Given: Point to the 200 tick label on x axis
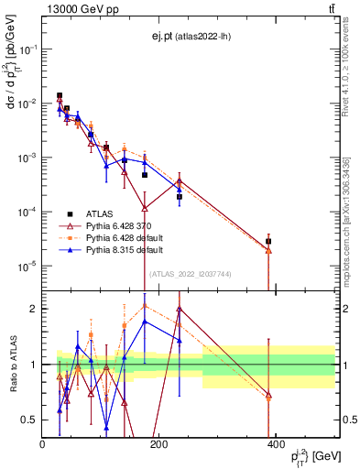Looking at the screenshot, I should (x=158, y=444).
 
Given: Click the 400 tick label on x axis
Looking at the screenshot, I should (x=275, y=444).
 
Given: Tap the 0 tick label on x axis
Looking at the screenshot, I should (x=43, y=444).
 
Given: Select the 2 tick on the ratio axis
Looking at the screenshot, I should (x=33, y=309).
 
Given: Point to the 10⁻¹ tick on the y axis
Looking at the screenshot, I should (x=28, y=49).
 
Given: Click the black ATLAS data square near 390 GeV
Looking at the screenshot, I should (x=268, y=242).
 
